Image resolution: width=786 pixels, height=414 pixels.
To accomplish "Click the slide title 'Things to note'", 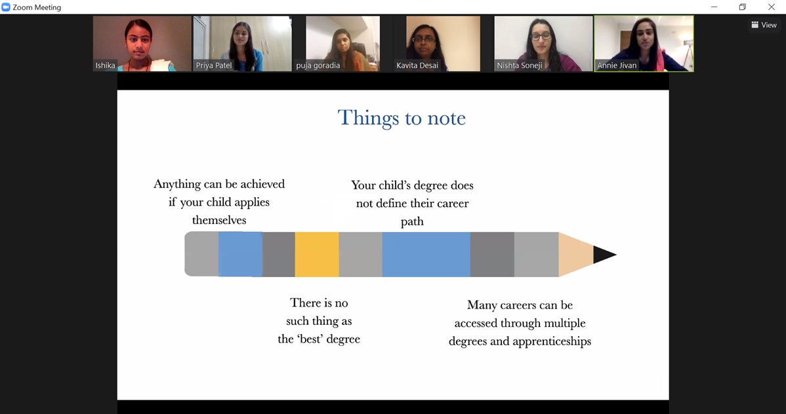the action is [x=402, y=118].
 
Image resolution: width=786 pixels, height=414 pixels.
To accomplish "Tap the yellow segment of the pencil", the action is [x=317, y=254].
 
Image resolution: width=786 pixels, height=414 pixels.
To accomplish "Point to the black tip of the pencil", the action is [x=604, y=254].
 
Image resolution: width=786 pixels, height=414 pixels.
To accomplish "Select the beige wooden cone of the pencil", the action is [x=576, y=254].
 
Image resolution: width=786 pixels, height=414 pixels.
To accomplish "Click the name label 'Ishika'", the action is [x=105, y=66].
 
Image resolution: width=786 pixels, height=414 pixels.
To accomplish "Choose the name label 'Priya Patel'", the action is [x=214, y=66].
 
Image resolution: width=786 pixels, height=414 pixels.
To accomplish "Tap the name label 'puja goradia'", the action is [x=318, y=66].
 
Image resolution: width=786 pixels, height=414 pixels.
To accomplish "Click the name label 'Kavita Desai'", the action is [x=417, y=66].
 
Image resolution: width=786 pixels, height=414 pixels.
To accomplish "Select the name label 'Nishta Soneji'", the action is [x=520, y=66].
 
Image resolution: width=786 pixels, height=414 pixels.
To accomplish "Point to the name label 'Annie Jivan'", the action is [x=617, y=66].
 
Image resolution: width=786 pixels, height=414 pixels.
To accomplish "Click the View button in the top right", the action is [x=764, y=25].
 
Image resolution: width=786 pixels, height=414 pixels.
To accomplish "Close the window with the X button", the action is [x=772, y=7].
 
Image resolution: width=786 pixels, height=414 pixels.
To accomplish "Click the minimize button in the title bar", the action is [x=714, y=7].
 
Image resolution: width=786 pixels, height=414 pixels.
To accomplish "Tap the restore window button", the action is [x=743, y=7].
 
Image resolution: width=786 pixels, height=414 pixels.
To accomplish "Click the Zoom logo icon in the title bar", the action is [x=6, y=7].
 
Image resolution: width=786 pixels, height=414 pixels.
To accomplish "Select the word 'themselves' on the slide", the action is [x=219, y=220].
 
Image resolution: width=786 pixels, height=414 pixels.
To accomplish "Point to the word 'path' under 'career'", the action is [x=412, y=222].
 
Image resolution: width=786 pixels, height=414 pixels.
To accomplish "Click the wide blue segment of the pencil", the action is [x=426, y=254].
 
